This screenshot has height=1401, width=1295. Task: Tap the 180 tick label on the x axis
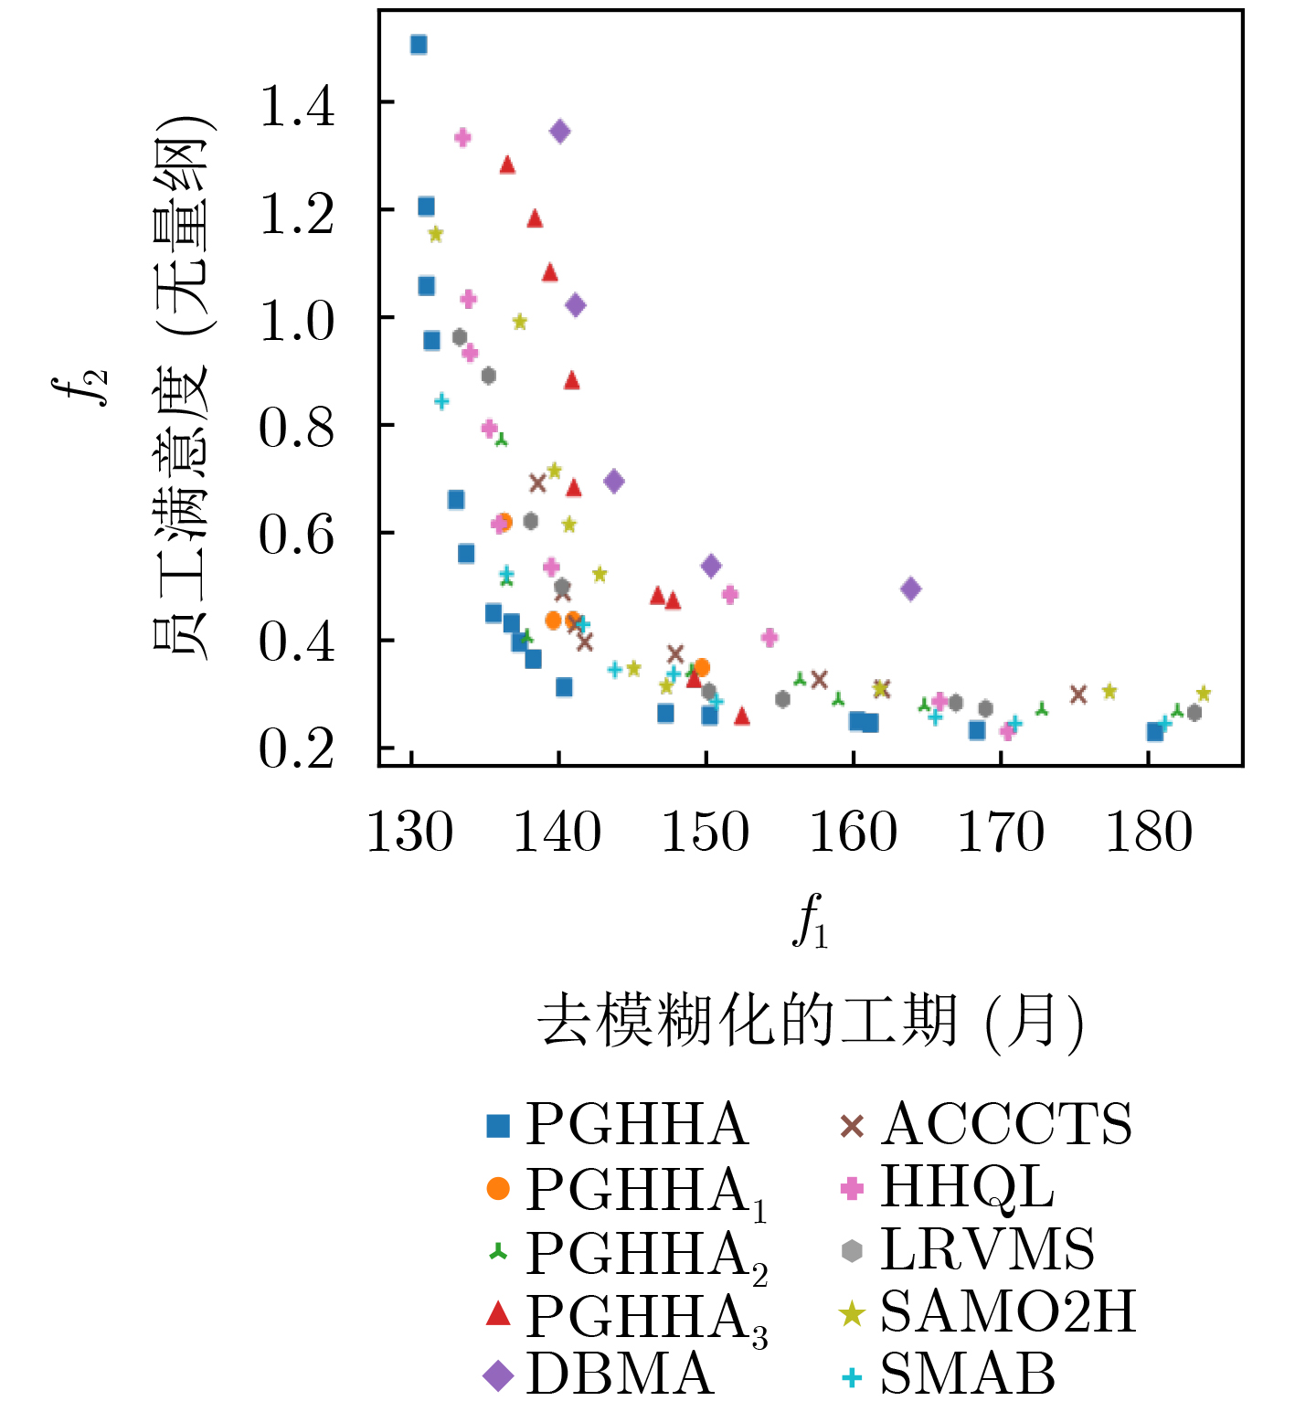[x=1149, y=833]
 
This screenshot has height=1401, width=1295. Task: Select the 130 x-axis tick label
[x=409, y=833]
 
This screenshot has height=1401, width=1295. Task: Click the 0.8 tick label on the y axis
[x=297, y=427]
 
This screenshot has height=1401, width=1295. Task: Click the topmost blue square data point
[x=419, y=45]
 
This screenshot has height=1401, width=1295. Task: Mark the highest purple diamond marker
[x=560, y=132]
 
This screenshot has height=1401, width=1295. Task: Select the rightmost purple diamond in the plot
[x=910, y=589]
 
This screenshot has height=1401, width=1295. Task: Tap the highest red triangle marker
[x=507, y=165]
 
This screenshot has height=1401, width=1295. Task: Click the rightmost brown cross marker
[x=1078, y=695]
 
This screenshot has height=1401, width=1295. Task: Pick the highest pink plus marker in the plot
[x=462, y=137]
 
